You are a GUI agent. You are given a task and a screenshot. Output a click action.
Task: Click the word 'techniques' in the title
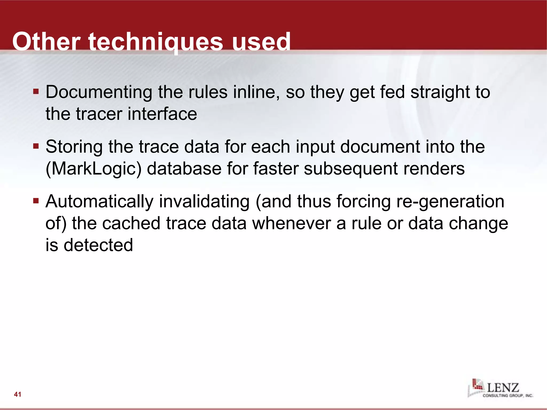pos(155,42)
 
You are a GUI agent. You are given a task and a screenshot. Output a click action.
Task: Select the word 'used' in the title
pos(261,42)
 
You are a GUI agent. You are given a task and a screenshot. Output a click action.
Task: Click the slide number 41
pos(18,394)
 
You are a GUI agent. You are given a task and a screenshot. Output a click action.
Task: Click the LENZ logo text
pos(503,387)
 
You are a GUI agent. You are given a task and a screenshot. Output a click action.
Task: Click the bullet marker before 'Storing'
pos(36,147)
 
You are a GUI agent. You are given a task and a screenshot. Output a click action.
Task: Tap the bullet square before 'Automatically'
pos(36,201)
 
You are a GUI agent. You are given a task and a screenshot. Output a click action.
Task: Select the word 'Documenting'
pos(99,92)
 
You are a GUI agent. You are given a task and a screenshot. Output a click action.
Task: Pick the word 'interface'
pos(162,114)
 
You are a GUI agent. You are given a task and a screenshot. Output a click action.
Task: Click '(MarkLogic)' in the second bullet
pos(93,169)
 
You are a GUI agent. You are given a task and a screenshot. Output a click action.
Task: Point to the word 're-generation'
pos(450,202)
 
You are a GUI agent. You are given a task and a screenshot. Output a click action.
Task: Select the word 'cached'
pos(131,223)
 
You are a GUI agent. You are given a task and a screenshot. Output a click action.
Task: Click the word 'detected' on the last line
pos(98,245)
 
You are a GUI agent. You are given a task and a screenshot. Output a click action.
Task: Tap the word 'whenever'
pos(291,223)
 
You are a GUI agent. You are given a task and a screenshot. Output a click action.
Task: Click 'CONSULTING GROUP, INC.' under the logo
pos(508,396)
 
